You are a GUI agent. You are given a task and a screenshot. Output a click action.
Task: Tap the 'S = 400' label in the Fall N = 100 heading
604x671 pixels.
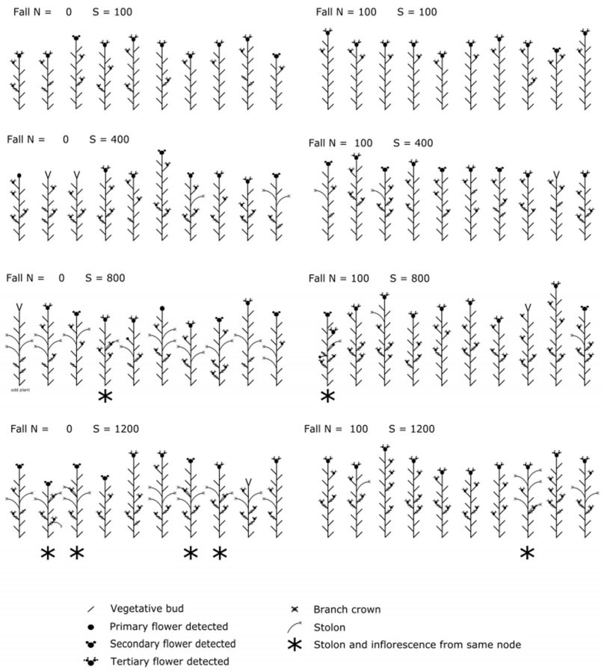[410, 143]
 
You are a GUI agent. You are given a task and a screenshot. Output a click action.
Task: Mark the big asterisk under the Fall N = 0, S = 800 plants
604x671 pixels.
[105, 396]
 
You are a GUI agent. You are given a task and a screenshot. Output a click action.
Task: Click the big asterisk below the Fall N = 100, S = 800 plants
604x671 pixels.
[327, 396]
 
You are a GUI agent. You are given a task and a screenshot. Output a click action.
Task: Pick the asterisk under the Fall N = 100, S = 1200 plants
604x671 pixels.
[527, 553]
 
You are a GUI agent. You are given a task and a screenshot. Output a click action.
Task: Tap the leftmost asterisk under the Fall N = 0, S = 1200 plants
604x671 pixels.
[48, 553]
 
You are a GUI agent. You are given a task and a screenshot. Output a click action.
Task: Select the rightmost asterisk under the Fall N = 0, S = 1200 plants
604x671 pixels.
[219, 553]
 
